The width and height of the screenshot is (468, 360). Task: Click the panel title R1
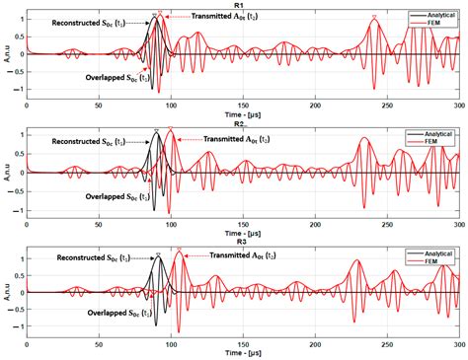click(x=239, y=5)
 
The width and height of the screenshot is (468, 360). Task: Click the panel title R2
click(x=239, y=123)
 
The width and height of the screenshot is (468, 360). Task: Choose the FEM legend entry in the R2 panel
click(x=430, y=140)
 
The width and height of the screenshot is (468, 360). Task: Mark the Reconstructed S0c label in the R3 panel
click(x=100, y=258)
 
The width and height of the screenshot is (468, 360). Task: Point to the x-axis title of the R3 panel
click(x=242, y=352)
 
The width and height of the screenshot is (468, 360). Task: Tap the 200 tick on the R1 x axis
click(x=315, y=104)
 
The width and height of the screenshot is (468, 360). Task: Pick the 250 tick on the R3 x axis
click(x=387, y=343)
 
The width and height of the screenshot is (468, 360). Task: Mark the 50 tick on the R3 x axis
click(x=99, y=343)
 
